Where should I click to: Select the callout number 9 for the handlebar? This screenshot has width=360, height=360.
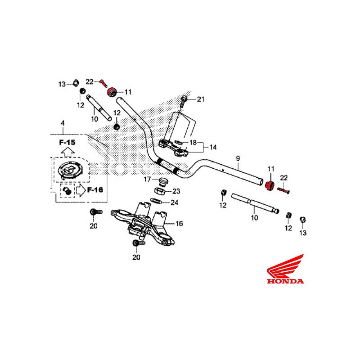[x=238, y=158]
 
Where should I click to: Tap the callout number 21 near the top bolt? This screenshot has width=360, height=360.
[x=200, y=99]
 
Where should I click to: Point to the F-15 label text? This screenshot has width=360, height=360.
[x=67, y=142]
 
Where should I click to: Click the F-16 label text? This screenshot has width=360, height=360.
[x=95, y=189]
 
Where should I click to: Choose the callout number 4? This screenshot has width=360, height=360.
[x=63, y=123]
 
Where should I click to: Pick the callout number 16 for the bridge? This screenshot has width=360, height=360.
[x=179, y=223]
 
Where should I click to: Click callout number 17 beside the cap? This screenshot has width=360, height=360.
[x=147, y=179]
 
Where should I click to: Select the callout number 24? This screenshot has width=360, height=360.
[x=174, y=202]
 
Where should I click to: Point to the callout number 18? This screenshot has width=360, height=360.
[x=193, y=143]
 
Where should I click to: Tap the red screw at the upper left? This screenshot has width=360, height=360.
[x=103, y=82]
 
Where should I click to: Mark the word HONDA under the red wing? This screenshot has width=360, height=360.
[x=285, y=282]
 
